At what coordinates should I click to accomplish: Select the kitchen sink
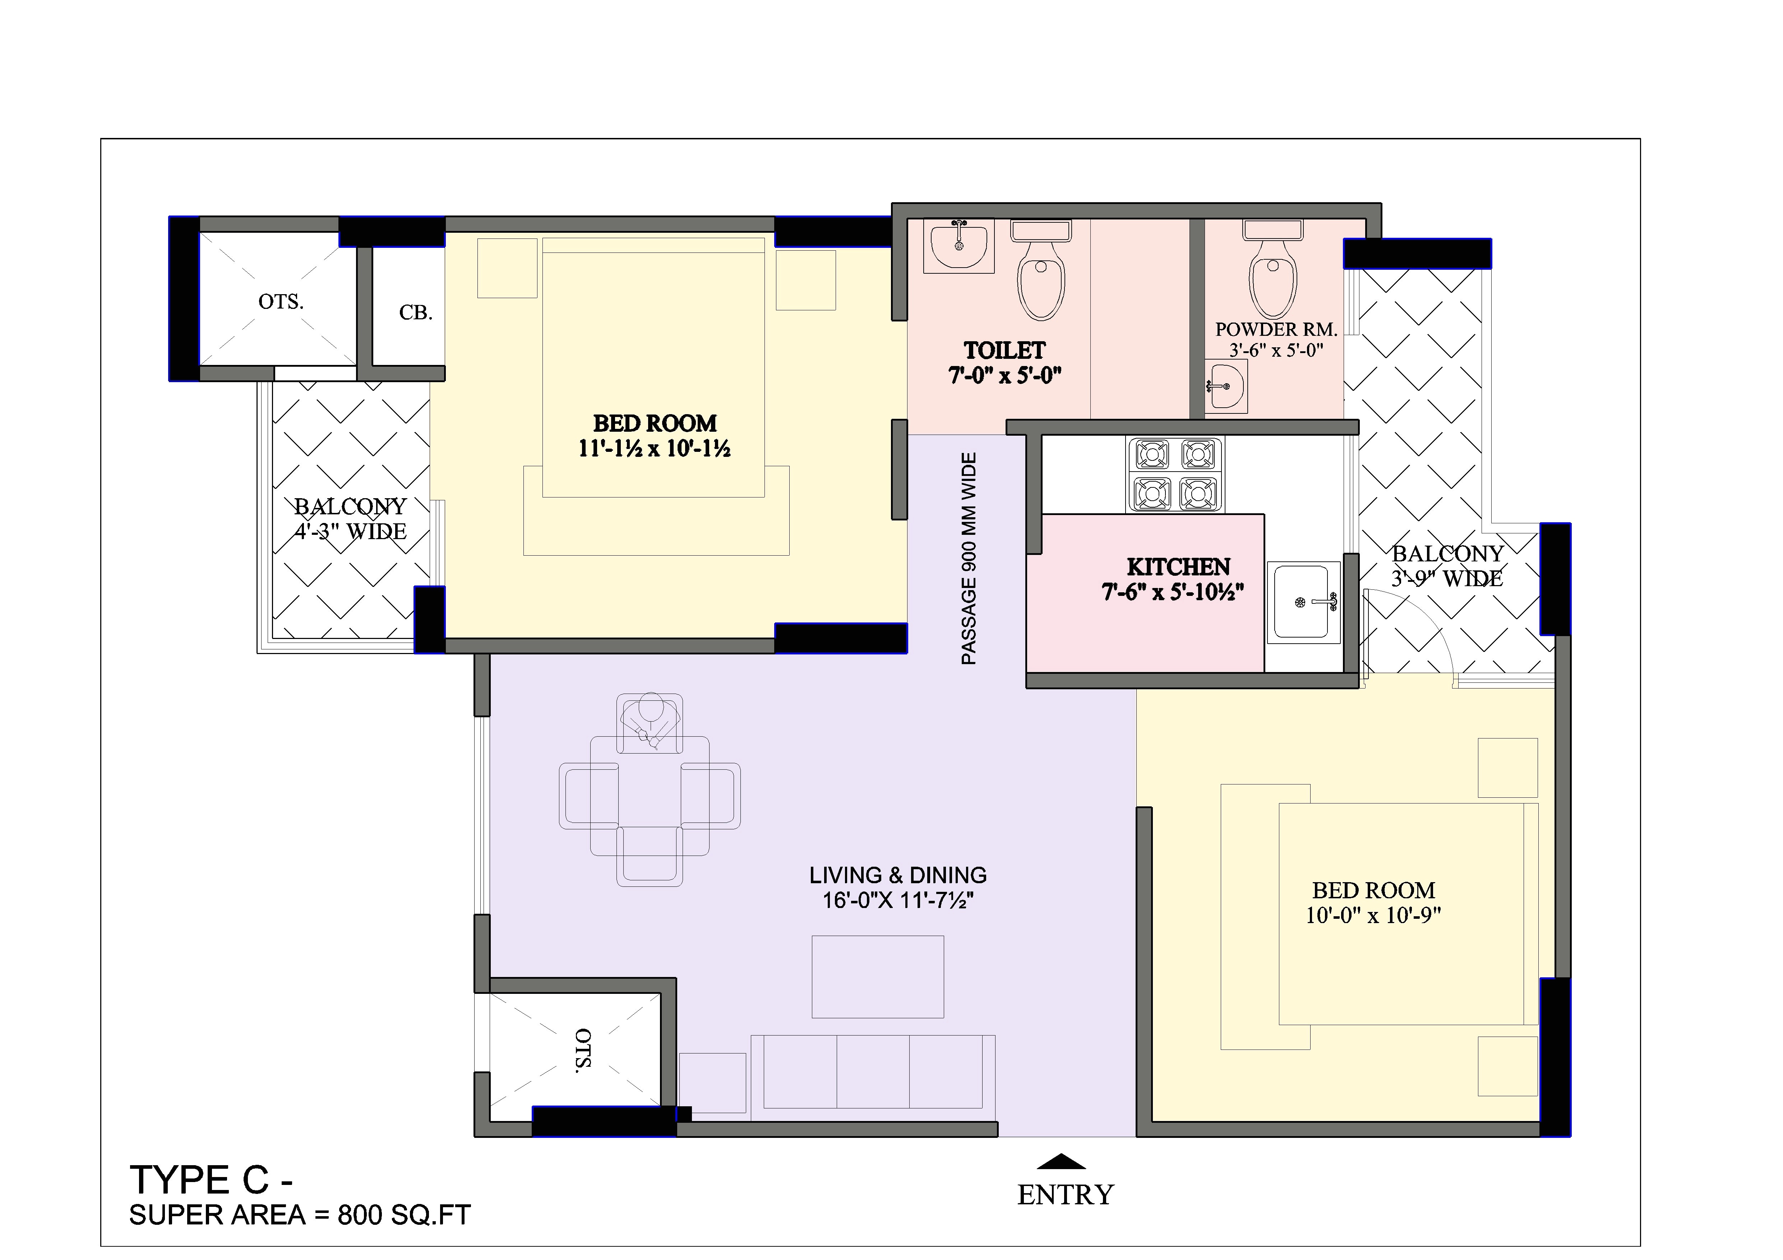point(1303,602)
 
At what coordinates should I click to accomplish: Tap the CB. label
point(415,313)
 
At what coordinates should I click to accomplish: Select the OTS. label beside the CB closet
point(280,301)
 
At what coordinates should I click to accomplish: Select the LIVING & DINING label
point(898,875)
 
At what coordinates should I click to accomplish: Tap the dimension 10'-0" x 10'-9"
point(1373,915)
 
